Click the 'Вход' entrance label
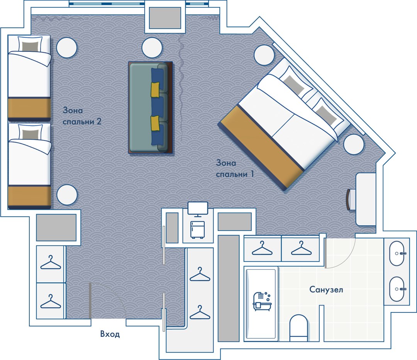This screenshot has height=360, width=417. [x=110, y=334]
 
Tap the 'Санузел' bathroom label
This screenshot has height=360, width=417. [x=326, y=289]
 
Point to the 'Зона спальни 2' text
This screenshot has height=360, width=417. [x=82, y=116]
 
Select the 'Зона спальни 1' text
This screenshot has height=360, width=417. [x=235, y=168]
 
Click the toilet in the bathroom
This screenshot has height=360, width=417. [x=298, y=328]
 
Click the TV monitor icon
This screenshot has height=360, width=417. [x=198, y=209]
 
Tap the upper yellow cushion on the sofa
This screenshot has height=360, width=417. [x=155, y=90]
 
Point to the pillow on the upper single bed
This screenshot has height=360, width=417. [x=30, y=44]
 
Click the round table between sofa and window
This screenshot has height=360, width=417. [x=152, y=48]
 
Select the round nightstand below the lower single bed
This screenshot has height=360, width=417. [x=67, y=195]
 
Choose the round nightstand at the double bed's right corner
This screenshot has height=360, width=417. [x=354, y=144]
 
